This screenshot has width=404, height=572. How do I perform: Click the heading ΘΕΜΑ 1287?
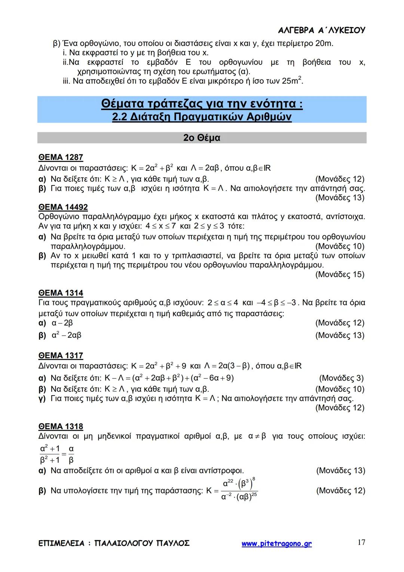pos(61,157)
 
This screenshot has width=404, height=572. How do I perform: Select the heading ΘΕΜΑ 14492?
pos(63,207)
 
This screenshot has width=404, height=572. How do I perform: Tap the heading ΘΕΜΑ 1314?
pos(61,293)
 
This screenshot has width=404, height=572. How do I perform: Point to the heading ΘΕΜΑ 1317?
pos(61,355)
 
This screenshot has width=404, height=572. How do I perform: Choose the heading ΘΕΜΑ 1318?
pos(61,426)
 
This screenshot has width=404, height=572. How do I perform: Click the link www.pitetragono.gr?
pos(276,544)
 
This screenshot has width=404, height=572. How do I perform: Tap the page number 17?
pos(361,542)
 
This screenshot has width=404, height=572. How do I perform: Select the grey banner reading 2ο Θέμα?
pos(202,138)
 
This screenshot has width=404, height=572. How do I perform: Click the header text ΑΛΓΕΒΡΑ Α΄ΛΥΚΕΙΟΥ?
pos(322,30)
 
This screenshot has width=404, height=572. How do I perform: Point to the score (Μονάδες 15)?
pos(340,275)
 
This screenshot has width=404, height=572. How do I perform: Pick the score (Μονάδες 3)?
pos(341,378)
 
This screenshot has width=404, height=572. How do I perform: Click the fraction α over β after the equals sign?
pos(71,454)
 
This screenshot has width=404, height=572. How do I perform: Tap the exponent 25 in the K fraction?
pos(254,495)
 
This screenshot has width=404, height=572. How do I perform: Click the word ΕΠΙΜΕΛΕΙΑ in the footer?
pos(61,543)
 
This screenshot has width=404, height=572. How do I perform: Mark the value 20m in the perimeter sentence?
pos(324,43)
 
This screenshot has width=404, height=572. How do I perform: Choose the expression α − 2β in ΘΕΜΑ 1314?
pos(62,323)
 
